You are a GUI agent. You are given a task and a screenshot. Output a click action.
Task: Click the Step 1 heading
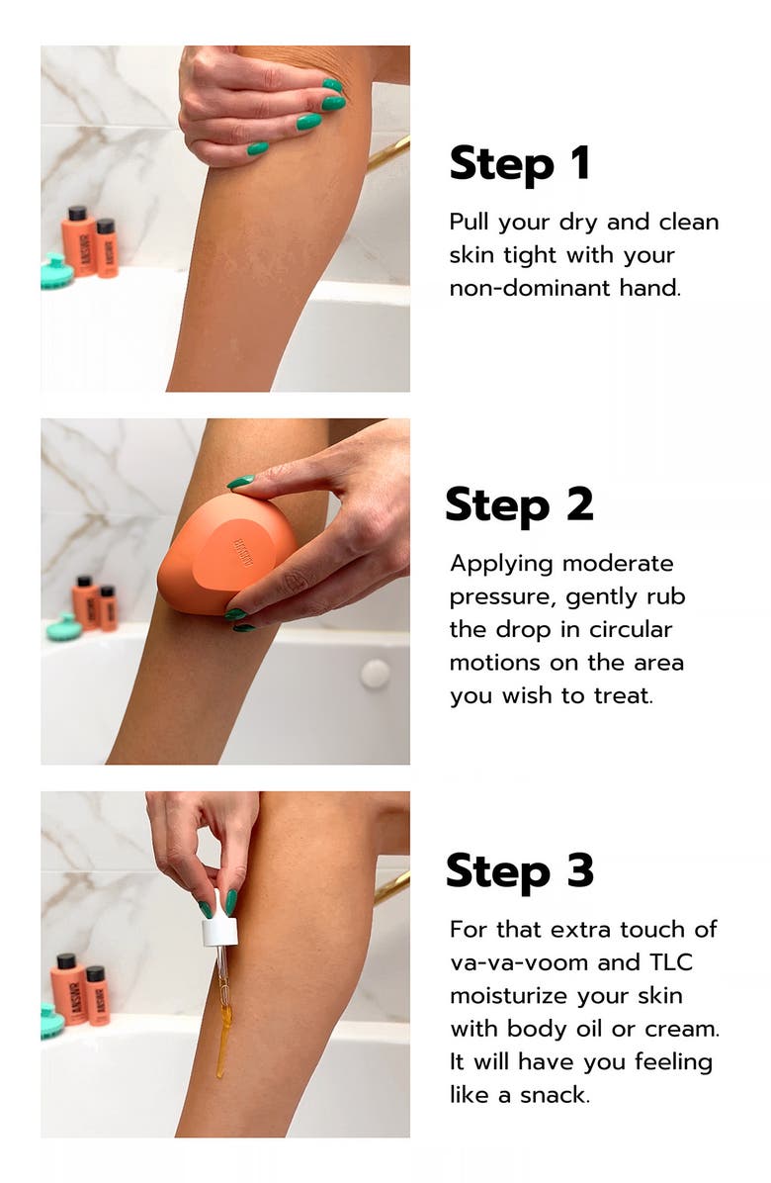[x=519, y=163]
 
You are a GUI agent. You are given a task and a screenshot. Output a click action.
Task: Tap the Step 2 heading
[x=519, y=505]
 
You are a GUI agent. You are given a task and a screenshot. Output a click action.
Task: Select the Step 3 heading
[x=519, y=870]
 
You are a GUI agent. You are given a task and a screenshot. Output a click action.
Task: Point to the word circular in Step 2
[x=629, y=629]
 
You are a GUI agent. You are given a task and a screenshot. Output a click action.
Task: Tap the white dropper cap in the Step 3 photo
[x=219, y=931]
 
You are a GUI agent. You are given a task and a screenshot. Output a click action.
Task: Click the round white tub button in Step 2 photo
[x=375, y=674]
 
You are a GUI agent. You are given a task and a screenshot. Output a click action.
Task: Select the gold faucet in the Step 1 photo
[x=389, y=152]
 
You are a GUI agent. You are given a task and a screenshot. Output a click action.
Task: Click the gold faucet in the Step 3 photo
[x=391, y=886]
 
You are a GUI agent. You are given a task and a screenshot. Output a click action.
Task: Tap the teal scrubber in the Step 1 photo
[x=55, y=271]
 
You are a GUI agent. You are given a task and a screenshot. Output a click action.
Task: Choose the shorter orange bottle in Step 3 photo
[x=97, y=994]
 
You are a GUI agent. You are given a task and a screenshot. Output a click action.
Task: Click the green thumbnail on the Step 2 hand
[x=240, y=483]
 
